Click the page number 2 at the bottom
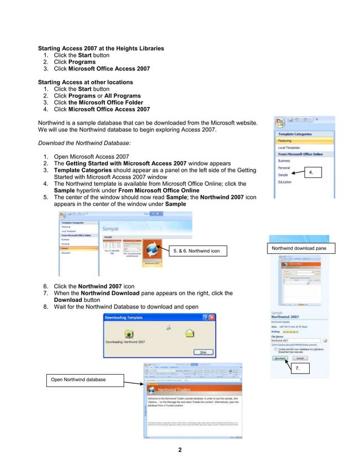180,450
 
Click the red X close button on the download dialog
212,318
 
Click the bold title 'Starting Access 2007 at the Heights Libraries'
100,49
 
